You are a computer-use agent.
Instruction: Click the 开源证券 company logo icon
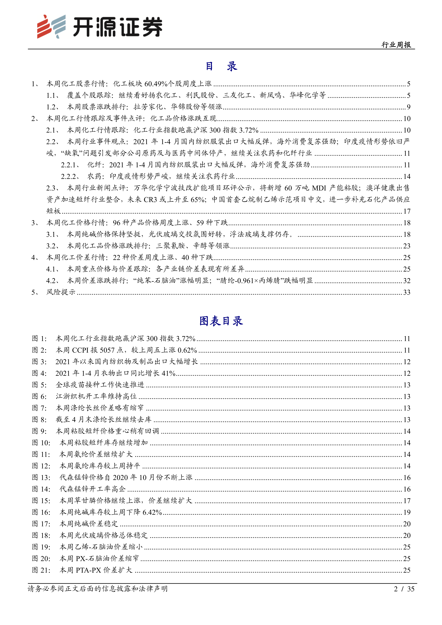pos(51,27)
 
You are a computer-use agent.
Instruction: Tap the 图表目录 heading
pos(221,321)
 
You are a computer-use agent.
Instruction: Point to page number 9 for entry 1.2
pos(408,107)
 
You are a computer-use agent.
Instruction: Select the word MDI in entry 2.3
pos(319,188)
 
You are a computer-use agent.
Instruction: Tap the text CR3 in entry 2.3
pos(150,200)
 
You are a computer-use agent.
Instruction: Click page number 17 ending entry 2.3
pos(407,211)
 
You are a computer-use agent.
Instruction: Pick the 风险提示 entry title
pos(61,292)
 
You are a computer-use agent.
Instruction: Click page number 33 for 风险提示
pos(407,292)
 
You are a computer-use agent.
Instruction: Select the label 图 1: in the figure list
pos(40,339)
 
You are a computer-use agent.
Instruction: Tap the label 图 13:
pos(41,477)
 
